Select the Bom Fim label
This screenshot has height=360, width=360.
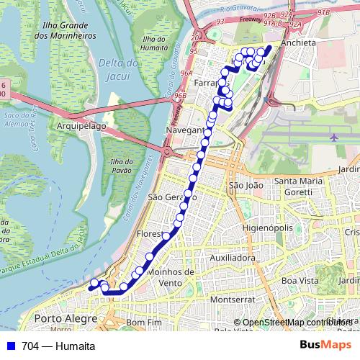pos(142,323)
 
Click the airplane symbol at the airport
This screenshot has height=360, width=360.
pos(334,136)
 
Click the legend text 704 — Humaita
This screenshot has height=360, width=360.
pos(58,346)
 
